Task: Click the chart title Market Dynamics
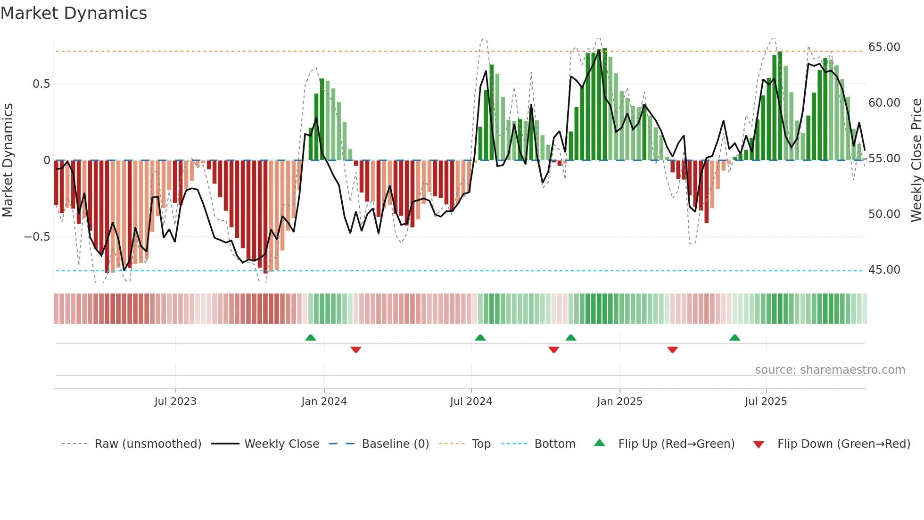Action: (74, 13)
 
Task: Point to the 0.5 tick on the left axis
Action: (41, 84)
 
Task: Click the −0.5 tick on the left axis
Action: (37, 237)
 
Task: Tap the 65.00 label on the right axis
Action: (884, 47)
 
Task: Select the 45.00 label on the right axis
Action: (884, 270)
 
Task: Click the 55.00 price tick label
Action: (884, 159)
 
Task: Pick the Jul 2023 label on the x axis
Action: (175, 402)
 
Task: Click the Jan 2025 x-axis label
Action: (619, 402)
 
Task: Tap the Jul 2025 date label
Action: (766, 402)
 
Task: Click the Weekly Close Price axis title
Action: (916, 160)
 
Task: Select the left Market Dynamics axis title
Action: (8, 160)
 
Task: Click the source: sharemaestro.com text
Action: (830, 370)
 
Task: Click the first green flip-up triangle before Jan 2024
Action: (310, 337)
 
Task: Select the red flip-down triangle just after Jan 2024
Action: (356, 350)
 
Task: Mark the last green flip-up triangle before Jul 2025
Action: (734, 337)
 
